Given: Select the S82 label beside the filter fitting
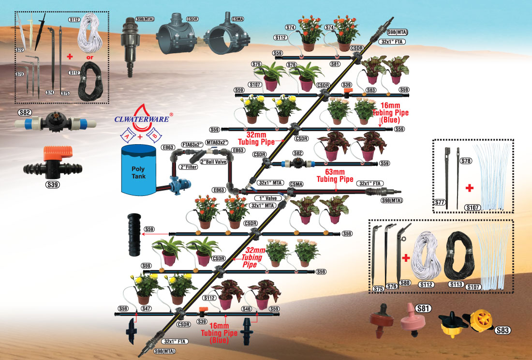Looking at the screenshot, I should click(25, 113).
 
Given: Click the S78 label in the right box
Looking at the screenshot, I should click(465, 161).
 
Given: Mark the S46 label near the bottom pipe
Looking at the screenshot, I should click(247, 308).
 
